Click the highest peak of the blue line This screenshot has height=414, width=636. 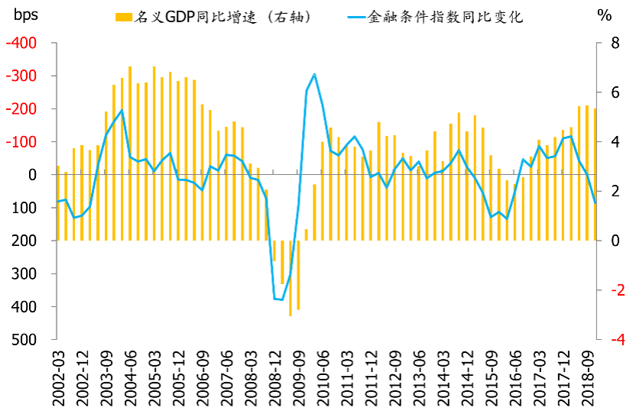(314, 74)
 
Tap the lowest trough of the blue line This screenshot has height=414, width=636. (282, 299)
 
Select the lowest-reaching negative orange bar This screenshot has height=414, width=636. (290, 315)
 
